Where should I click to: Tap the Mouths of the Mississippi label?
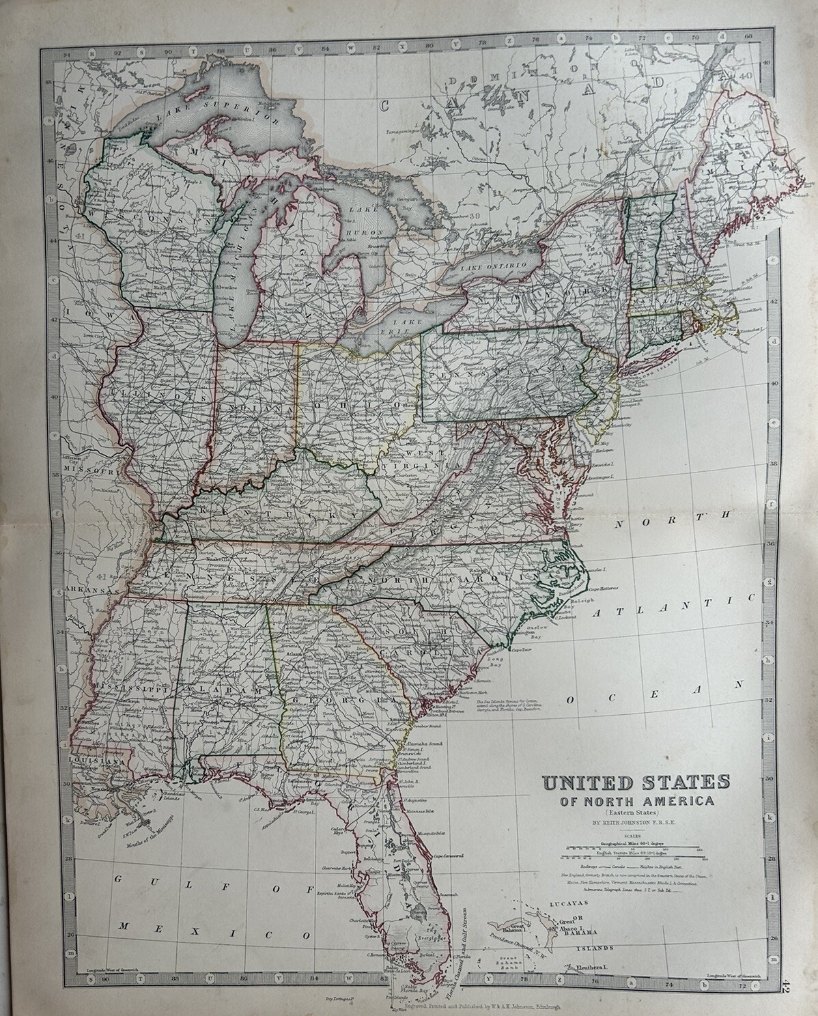(x=145, y=830)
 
